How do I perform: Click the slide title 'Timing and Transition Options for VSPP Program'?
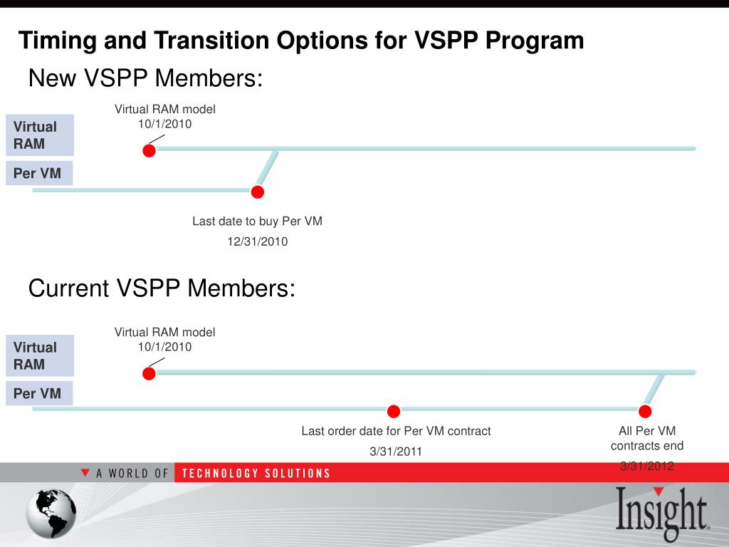click(x=301, y=40)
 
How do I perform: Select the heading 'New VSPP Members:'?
click(x=145, y=78)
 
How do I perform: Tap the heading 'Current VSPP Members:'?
click(x=161, y=288)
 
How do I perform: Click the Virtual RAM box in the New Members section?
click(x=40, y=135)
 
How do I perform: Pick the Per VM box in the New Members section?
click(x=39, y=173)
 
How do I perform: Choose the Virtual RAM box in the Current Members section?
click(x=40, y=356)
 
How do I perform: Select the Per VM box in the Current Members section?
click(x=39, y=394)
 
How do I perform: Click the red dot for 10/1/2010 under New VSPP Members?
click(x=149, y=150)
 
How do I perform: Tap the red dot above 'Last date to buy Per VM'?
click(x=258, y=192)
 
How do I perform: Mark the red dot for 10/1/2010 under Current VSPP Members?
click(x=149, y=374)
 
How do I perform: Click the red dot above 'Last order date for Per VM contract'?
click(x=394, y=411)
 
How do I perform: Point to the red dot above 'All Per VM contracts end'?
click(x=645, y=411)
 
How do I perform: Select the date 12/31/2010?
click(x=257, y=241)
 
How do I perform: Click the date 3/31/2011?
click(x=396, y=452)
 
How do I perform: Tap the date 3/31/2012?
click(x=646, y=467)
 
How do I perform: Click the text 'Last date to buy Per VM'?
click(x=257, y=222)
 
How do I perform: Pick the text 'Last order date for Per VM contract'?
click(x=396, y=431)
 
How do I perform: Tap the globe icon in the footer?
click(x=51, y=513)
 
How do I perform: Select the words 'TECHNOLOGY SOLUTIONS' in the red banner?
click(x=256, y=473)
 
